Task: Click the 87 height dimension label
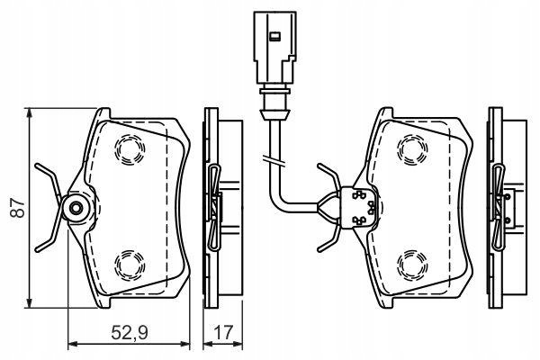(x=18, y=207)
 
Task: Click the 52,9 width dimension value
(x=130, y=333)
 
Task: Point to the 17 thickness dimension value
(x=223, y=333)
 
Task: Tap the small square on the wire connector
(x=274, y=36)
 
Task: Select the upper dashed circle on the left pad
(x=130, y=149)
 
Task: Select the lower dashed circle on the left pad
(x=130, y=265)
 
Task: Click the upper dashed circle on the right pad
(x=412, y=149)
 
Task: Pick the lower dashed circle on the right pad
(x=412, y=265)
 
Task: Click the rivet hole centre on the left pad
(x=76, y=208)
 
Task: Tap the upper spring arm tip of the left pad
(x=37, y=166)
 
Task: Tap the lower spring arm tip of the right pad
(x=319, y=248)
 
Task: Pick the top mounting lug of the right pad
(x=385, y=113)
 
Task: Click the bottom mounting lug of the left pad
(x=103, y=302)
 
